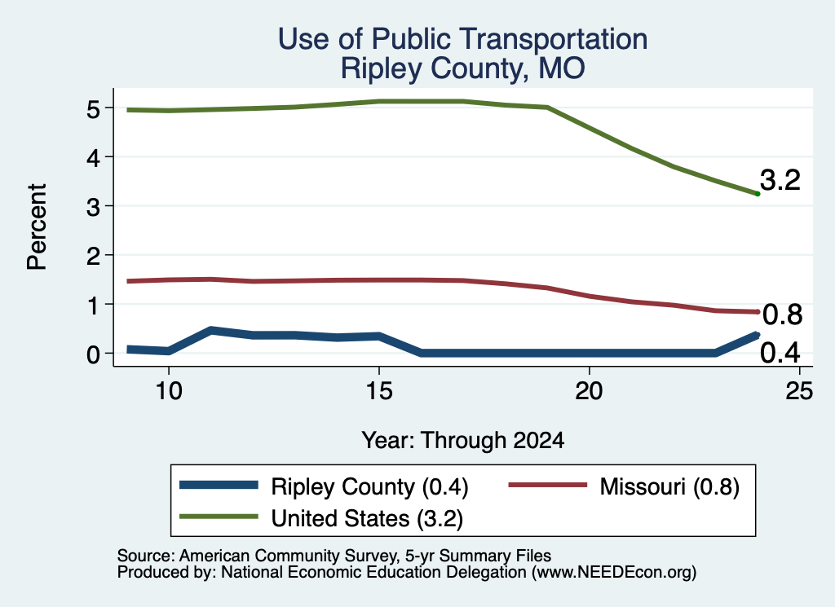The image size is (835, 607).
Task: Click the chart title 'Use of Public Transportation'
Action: pyautogui.click(x=463, y=39)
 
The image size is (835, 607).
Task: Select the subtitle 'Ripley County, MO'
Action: pyautogui.click(x=463, y=68)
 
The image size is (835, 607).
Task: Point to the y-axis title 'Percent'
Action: pyautogui.click(x=38, y=227)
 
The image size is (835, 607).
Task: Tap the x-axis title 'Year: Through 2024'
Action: pyautogui.click(x=463, y=441)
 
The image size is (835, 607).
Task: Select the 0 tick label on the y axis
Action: pyautogui.click(x=93, y=354)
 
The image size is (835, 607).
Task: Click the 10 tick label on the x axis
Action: pyautogui.click(x=169, y=391)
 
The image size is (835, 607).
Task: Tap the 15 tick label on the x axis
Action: pyautogui.click(x=379, y=391)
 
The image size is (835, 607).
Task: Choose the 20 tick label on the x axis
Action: pyautogui.click(x=589, y=391)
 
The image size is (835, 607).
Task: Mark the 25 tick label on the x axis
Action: pyautogui.click(x=799, y=391)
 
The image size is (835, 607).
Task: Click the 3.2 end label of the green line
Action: pyautogui.click(x=780, y=180)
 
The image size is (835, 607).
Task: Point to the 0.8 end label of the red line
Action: pyautogui.click(x=782, y=314)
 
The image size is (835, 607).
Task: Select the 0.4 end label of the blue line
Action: pyautogui.click(x=780, y=352)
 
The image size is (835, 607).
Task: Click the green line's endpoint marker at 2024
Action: pyautogui.click(x=758, y=194)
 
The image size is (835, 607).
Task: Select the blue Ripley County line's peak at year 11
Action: pyautogui.click(x=211, y=330)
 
